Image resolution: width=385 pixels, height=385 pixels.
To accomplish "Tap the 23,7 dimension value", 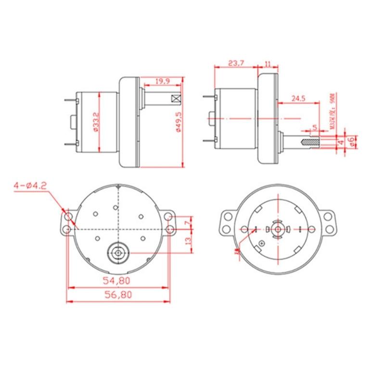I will coord(236,63).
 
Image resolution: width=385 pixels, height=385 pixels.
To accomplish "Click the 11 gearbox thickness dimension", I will coord(268,63).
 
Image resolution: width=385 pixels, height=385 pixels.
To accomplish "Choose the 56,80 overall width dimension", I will coord(118,295).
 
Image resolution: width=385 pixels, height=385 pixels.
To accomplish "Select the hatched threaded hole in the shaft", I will coord(308,142).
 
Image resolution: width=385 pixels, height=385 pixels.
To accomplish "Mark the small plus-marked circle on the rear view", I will coord(262,244).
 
